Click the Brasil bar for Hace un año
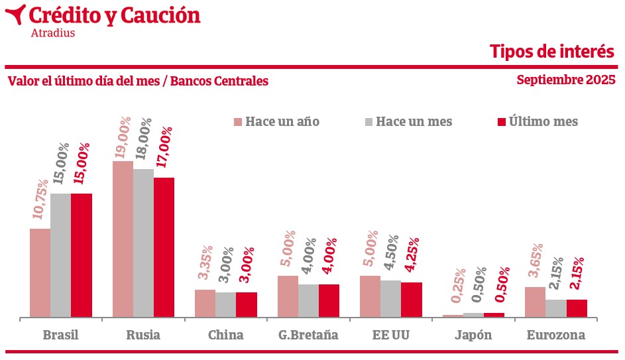coord(40,273)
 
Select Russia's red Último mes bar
coord(164,247)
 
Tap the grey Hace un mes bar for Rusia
coord(143,243)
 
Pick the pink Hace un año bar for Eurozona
coord(535,302)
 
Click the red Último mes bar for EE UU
coord(411,300)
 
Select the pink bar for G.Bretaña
coord(288,296)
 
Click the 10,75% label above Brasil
coord(40,199)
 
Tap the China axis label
coord(225,335)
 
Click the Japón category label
coord(473,335)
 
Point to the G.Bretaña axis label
coord(308,335)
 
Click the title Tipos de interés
coord(552,51)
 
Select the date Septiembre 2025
coord(566,80)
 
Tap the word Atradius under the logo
coord(53,32)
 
